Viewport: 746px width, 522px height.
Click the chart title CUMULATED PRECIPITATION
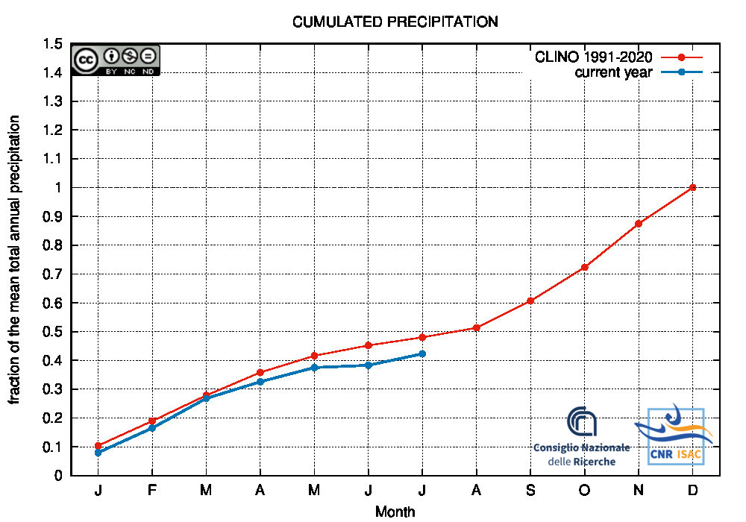pos(395,22)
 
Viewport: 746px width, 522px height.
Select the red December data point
pos(692,187)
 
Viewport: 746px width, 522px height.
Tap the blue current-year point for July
pos(422,353)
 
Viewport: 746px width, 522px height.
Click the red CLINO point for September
pos(530,301)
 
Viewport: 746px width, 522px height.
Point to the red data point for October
pos(584,267)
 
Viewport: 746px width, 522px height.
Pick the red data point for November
pos(639,224)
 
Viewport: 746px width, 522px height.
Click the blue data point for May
pos(314,368)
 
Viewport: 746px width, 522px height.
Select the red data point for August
pos(476,327)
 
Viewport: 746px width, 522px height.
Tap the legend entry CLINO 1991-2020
pos(593,57)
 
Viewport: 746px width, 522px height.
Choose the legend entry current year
pos(613,72)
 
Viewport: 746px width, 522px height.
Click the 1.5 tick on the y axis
pos(52,44)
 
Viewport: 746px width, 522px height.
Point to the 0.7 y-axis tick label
pos(52,274)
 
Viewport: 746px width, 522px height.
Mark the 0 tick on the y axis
pos(57,475)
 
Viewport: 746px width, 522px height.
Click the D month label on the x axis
pos(692,490)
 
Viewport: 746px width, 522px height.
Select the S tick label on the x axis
pos(530,490)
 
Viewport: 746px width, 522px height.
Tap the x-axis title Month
pos(395,512)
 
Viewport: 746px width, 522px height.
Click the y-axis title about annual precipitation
pos(15,260)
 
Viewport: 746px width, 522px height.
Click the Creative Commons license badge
pos(116,60)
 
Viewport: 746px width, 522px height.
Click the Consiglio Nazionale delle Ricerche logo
pos(582,436)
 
